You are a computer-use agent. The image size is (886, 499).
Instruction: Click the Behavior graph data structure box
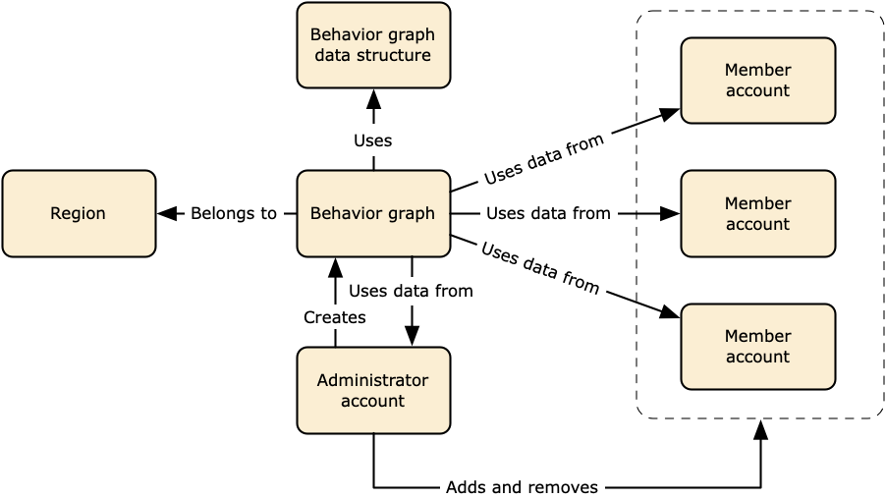click(373, 45)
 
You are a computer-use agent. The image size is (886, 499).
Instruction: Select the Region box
click(79, 213)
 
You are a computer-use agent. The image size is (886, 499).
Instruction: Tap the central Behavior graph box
click(373, 213)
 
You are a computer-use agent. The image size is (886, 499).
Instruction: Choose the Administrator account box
click(373, 390)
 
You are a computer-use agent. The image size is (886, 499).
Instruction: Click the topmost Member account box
click(757, 81)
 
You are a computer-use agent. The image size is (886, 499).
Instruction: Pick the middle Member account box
click(757, 213)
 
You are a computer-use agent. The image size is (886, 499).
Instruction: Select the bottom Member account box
click(757, 347)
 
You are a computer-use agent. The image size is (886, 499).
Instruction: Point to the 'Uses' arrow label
click(373, 140)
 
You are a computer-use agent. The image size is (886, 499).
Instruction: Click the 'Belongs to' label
click(234, 213)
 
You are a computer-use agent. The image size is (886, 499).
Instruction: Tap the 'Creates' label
click(335, 317)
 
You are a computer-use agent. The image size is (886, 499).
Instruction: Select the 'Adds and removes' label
click(522, 487)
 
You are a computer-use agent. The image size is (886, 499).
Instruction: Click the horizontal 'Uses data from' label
click(548, 213)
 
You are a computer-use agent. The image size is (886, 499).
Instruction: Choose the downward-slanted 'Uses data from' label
click(540, 266)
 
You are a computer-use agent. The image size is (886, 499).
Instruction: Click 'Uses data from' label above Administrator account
click(411, 291)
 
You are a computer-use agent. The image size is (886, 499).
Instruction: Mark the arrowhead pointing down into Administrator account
click(412, 336)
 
